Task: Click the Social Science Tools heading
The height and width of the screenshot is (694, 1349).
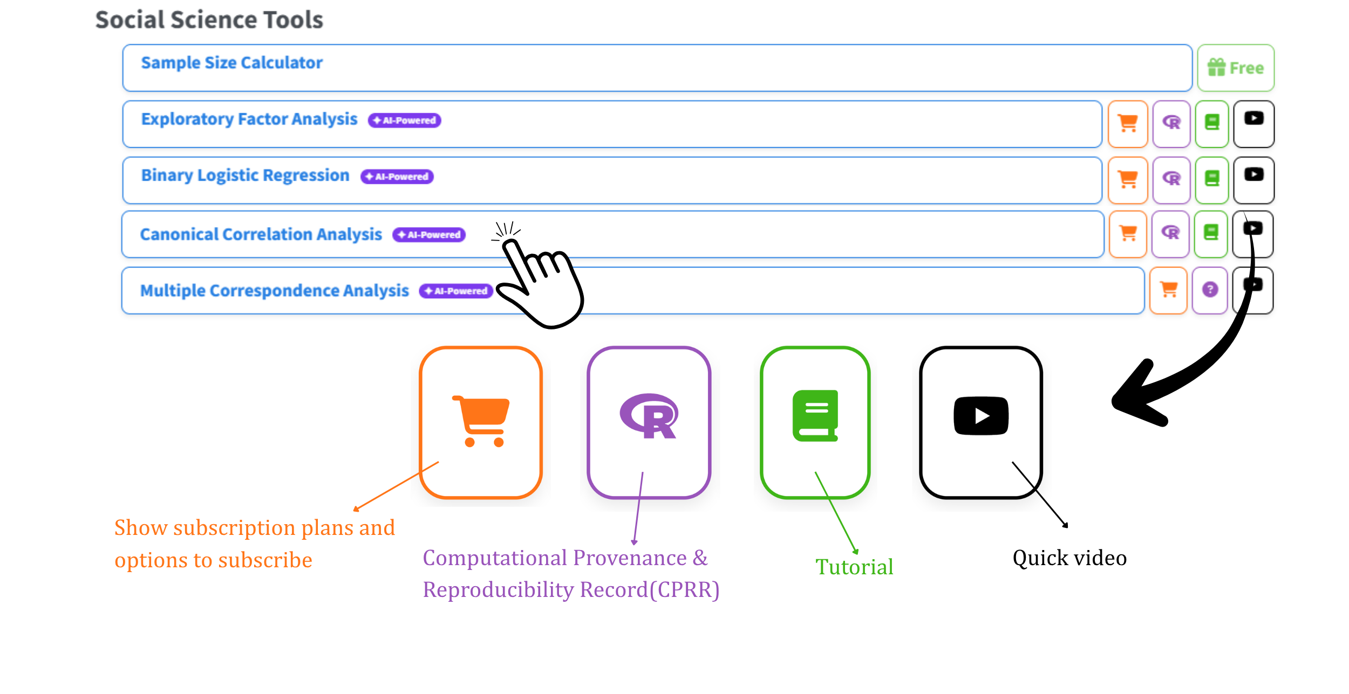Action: [209, 20]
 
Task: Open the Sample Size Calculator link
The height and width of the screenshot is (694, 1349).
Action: [232, 63]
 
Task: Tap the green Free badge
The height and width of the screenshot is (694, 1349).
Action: [1236, 68]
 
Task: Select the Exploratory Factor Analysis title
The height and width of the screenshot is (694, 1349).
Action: [249, 119]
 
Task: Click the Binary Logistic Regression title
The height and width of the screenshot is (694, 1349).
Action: [245, 175]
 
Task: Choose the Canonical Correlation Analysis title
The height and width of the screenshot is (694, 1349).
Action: [261, 235]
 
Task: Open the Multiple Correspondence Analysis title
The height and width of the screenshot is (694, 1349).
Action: [275, 291]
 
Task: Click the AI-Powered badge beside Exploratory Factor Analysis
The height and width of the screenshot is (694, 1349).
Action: [405, 120]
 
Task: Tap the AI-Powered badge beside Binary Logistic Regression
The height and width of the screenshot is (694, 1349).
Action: [397, 176]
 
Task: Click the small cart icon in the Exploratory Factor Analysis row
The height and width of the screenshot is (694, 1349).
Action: [1128, 123]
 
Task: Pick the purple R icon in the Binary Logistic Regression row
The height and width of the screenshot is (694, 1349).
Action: [1171, 178]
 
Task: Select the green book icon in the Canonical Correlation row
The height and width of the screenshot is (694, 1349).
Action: [1211, 232]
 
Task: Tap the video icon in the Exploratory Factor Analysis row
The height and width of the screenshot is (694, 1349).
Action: [1254, 118]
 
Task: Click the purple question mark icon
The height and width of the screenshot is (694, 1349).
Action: [1210, 290]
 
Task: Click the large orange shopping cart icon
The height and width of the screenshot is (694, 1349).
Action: [481, 421]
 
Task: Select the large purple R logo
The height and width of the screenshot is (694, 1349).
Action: [649, 416]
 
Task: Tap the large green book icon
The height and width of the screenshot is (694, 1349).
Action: [815, 416]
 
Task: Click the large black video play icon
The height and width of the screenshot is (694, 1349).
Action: [981, 416]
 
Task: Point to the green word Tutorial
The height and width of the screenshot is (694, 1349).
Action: [854, 567]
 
